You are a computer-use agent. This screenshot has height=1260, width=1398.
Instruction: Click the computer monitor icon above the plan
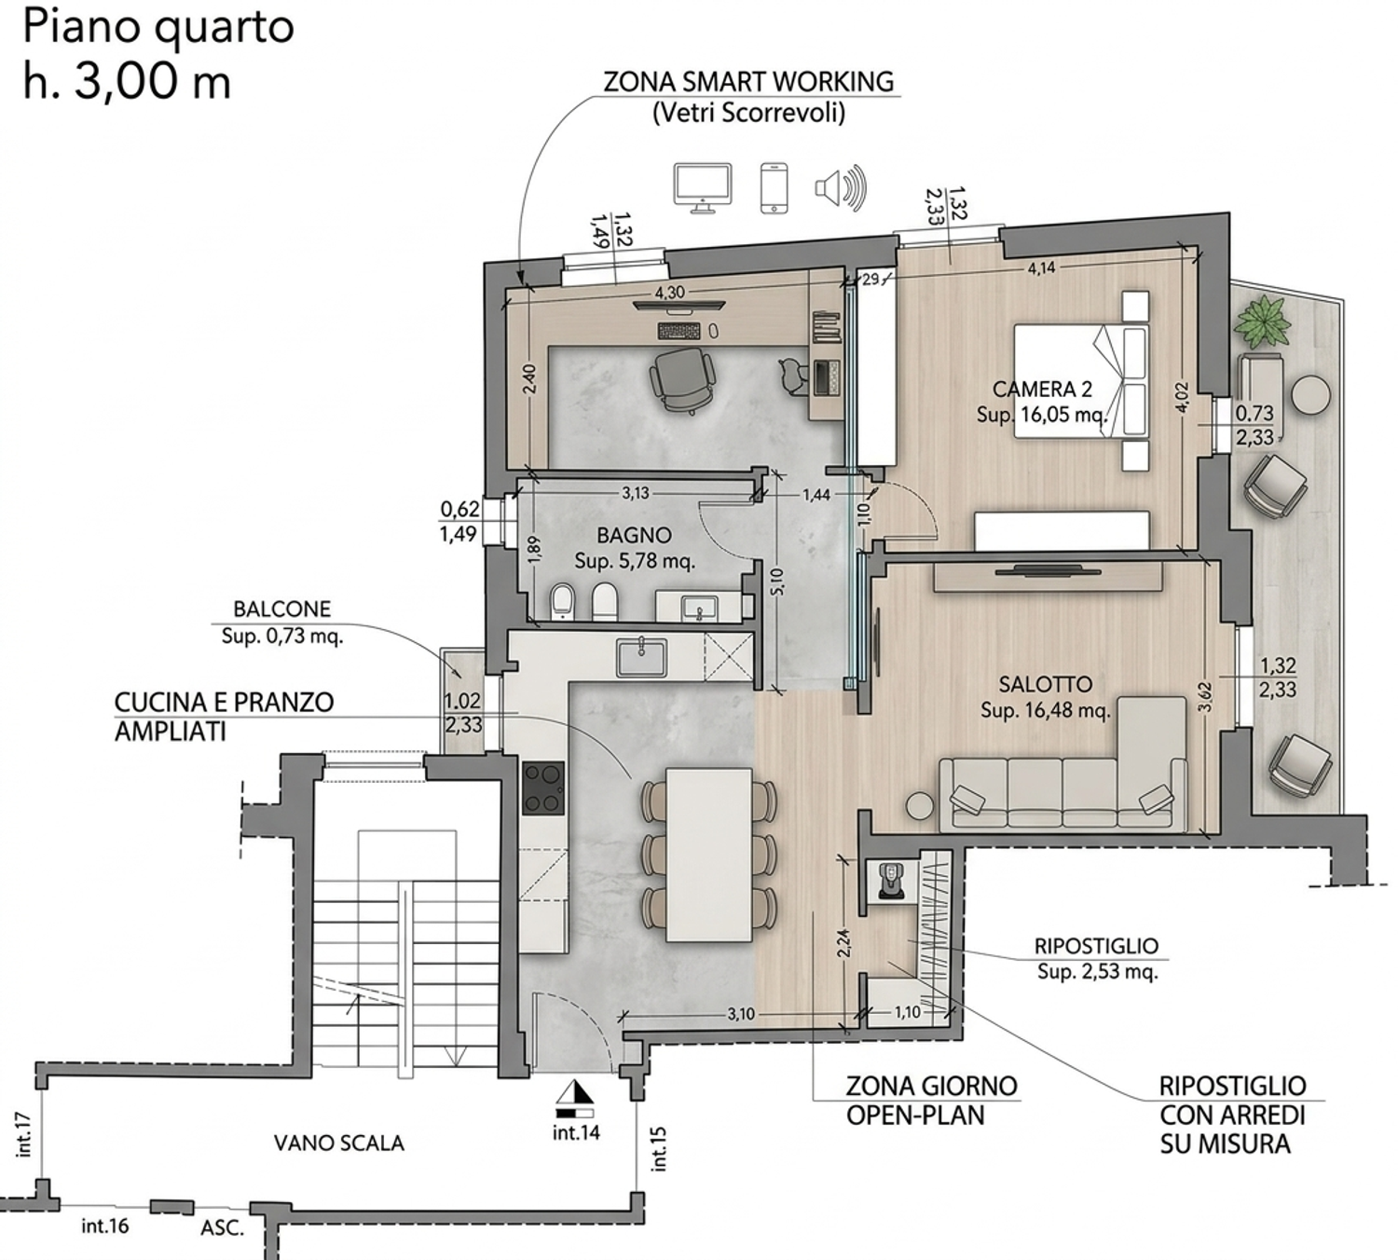703,188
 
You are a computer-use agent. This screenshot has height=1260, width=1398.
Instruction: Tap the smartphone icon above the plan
774,187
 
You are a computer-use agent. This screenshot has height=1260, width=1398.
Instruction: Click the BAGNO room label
634,535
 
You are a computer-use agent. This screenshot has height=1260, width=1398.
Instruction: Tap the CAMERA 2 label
1043,389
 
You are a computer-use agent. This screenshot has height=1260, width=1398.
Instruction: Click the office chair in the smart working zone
683,379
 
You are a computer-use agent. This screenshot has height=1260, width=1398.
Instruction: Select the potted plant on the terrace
1262,322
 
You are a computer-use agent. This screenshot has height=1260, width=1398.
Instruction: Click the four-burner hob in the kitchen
543,788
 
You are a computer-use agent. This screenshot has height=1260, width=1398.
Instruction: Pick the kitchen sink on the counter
641,657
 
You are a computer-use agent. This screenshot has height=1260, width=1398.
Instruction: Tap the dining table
709,855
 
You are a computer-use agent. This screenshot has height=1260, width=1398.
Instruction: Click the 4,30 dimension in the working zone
670,293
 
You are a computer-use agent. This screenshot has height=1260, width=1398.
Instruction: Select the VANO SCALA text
338,1143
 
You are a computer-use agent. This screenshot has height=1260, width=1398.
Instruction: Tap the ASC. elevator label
223,1228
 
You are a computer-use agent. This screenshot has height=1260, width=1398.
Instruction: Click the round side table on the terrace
1311,396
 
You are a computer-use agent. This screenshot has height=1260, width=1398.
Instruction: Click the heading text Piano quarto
158,29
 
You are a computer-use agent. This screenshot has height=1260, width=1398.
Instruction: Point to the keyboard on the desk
678,330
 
